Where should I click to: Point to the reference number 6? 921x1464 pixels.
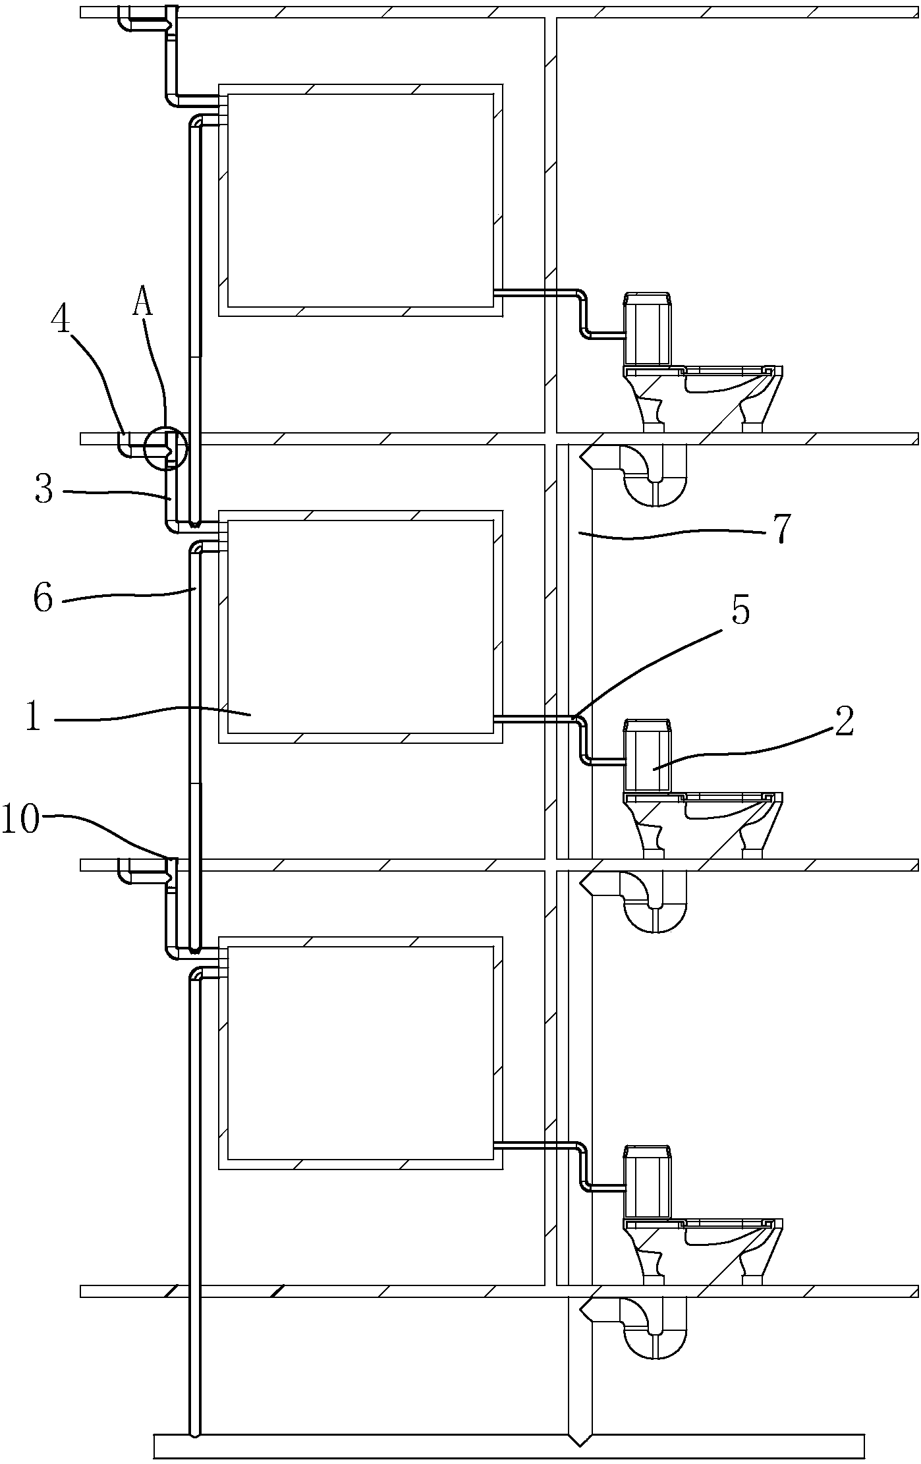click(43, 599)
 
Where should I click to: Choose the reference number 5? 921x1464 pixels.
click(740, 611)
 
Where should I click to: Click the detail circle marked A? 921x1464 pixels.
click(167, 448)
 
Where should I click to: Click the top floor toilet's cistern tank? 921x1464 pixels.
click(648, 329)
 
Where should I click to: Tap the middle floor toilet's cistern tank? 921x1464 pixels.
click(648, 755)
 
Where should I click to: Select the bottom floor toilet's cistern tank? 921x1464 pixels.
click(648, 1181)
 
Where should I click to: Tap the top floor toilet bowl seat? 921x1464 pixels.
click(725, 372)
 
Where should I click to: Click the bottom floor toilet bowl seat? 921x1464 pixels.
click(725, 1224)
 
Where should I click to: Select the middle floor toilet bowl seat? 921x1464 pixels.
click(725, 798)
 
